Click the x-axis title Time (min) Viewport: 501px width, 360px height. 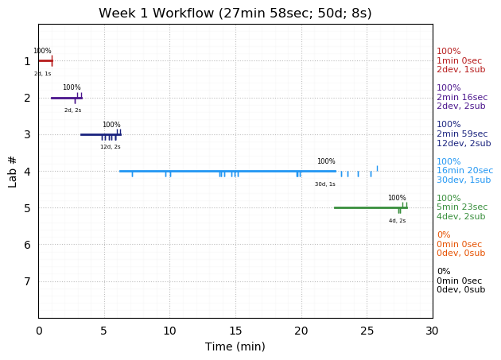click(x=235, y=346)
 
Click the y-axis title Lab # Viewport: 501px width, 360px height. click(x=13, y=171)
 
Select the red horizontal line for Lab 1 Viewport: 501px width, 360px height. click(x=45, y=60)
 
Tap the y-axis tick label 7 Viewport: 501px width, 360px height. click(x=27, y=281)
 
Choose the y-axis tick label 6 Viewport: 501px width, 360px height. click(x=27, y=245)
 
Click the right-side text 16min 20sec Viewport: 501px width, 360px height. click(x=464, y=171)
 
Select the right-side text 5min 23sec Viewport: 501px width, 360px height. click(x=462, y=207)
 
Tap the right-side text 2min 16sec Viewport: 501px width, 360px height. click(x=462, y=98)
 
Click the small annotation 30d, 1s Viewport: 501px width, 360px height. click(x=324, y=184)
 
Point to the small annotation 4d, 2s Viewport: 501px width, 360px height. click(x=397, y=221)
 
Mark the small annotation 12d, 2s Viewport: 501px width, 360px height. click(x=111, y=147)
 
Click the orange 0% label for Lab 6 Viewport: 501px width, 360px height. click(x=443, y=235)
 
